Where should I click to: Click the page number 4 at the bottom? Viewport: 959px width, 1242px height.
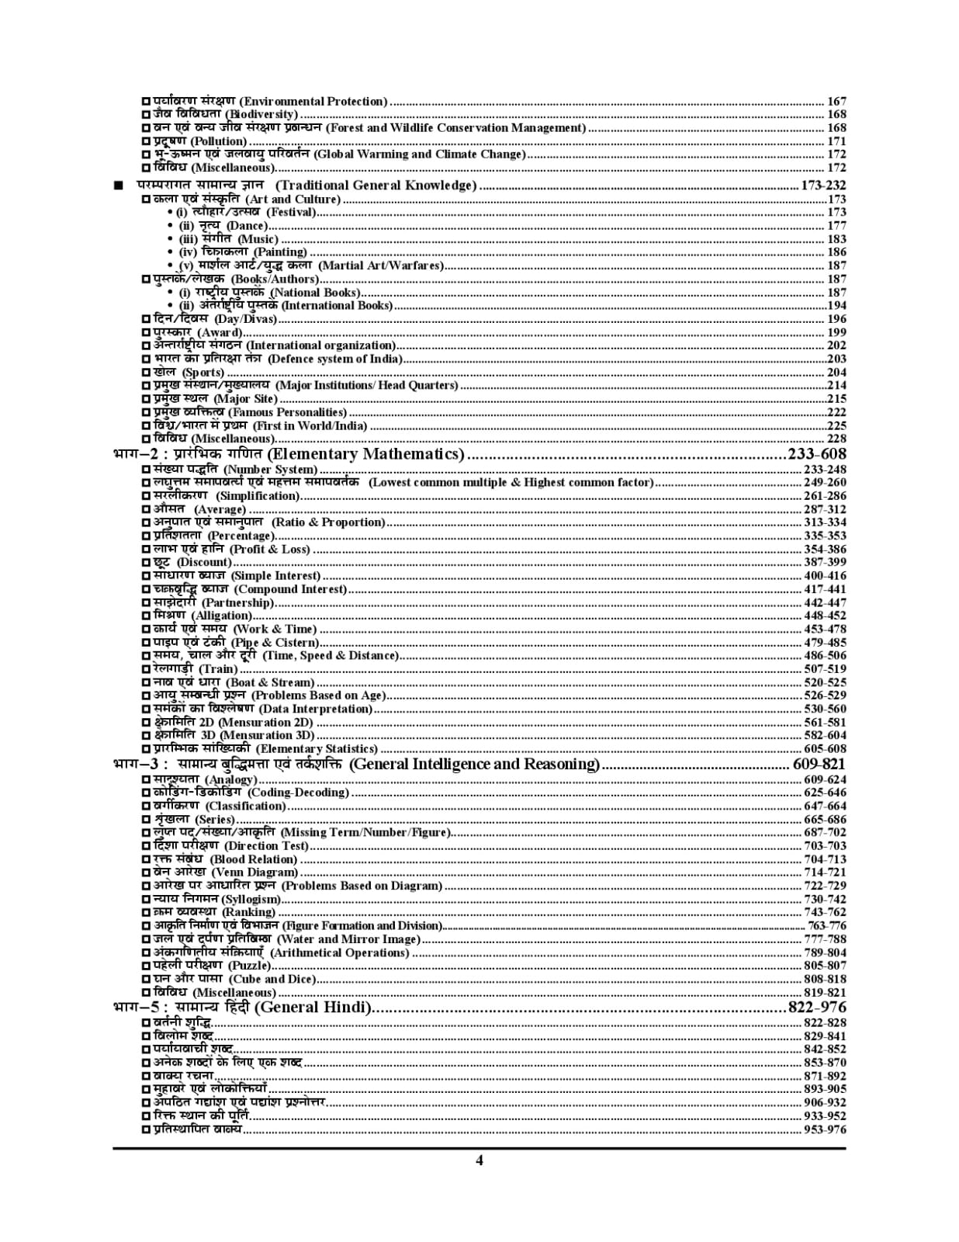[x=479, y=1160]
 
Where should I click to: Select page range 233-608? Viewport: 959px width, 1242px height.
[x=816, y=454]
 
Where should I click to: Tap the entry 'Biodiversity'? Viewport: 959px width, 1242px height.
[x=261, y=115]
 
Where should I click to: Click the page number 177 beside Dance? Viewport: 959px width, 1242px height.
[x=836, y=226]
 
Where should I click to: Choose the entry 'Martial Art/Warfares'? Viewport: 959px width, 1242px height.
[x=381, y=265]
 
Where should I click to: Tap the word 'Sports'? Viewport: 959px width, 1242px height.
[x=203, y=373]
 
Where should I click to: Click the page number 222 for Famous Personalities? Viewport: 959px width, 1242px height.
[x=836, y=412]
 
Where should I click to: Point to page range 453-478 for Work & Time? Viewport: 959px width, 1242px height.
[x=825, y=630]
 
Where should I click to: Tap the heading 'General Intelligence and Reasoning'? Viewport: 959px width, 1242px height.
[x=475, y=765]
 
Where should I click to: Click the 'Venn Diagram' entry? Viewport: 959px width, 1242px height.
[x=255, y=873]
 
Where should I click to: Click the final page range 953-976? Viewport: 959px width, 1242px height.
[x=825, y=1129]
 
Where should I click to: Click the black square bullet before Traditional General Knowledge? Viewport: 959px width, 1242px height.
[x=118, y=186]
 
